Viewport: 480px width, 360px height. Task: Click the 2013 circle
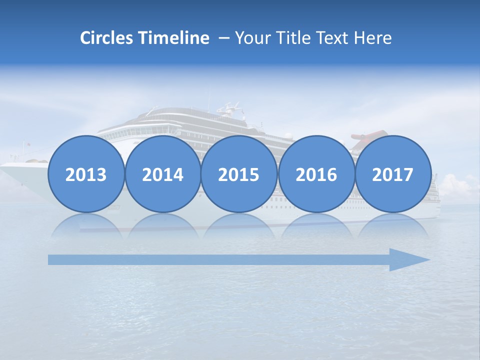[86, 174]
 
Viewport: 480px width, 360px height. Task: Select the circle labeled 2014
[162, 174]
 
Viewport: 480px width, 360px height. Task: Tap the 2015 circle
[239, 174]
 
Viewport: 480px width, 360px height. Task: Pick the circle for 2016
[316, 174]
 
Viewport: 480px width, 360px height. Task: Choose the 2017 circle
[392, 174]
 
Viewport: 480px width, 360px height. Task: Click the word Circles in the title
[107, 38]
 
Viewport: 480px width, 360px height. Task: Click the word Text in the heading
[336, 38]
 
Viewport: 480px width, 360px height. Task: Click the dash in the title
[223, 38]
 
